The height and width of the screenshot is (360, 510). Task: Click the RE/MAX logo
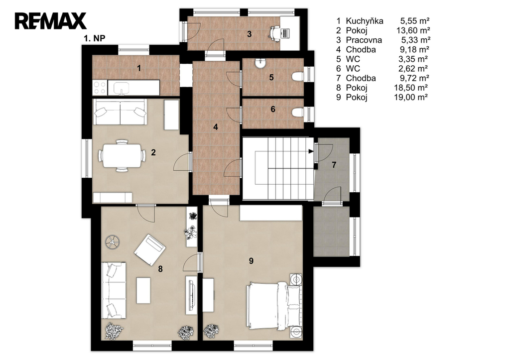pyautogui.click(x=50, y=21)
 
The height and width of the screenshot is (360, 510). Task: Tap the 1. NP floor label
pyautogui.click(x=94, y=38)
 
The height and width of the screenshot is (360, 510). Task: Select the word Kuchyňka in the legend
pyautogui.click(x=365, y=21)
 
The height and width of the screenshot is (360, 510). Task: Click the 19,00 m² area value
pyautogui.click(x=411, y=97)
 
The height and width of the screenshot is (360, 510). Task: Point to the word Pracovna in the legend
pyautogui.click(x=364, y=40)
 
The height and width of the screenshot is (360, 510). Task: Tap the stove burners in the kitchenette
pyautogui.click(x=100, y=88)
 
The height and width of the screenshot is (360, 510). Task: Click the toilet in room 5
pyautogui.click(x=298, y=77)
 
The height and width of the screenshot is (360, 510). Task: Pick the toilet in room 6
pyautogui.click(x=298, y=112)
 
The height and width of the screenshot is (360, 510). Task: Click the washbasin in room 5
pyautogui.click(x=260, y=63)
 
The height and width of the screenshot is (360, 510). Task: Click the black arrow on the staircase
pyautogui.click(x=311, y=151)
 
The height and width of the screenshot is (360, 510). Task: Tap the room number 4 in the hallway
pyautogui.click(x=216, y=127)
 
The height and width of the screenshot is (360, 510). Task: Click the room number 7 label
pyautogui.click(x=334, y=165)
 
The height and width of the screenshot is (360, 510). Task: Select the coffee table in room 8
pyautogui.click(x=143, y=290)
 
